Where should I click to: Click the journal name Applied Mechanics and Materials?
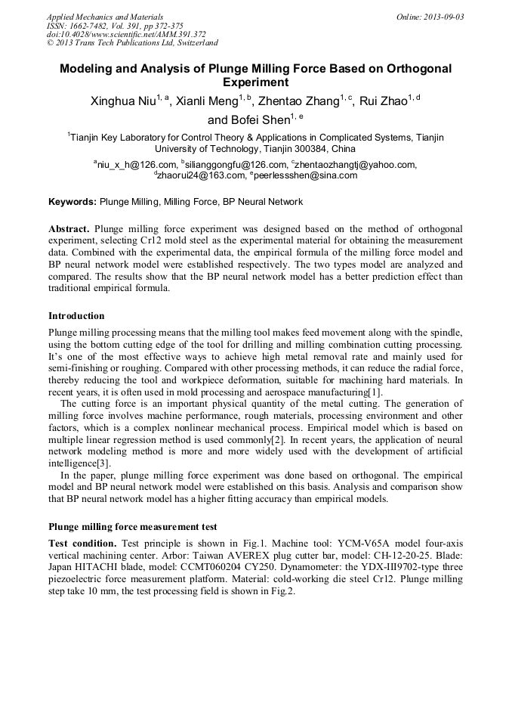pyautogui.click(x=104, y=17)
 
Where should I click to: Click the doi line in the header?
pyautogui.click(x=126, y=34)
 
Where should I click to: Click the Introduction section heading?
pyautogui.click(x=76, y=316)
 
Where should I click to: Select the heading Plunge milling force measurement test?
pyautogui.click(x=133, y=527)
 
